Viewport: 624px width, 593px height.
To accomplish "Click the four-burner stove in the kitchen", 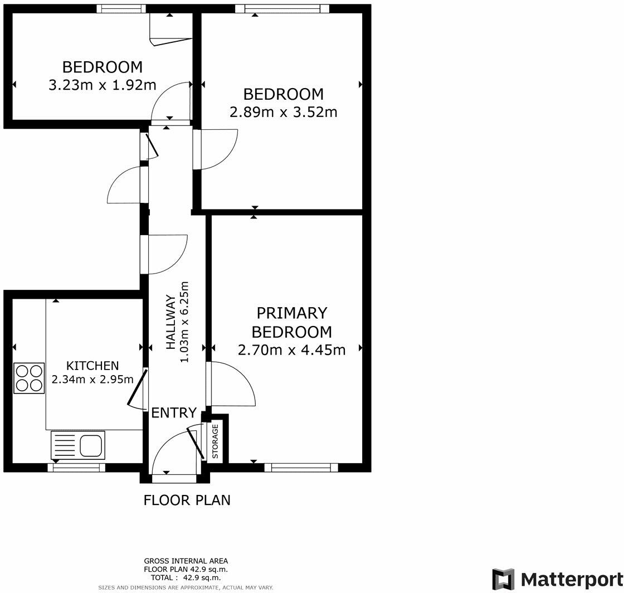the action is point(29,378).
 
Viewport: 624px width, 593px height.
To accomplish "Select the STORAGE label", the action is point(215,441).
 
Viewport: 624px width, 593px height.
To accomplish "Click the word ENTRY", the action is point(174,413).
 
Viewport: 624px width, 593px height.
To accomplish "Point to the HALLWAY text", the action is point(170,322).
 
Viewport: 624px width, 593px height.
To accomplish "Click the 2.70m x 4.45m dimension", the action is point(292,350).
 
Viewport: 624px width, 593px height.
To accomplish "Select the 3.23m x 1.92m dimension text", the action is point(103,85).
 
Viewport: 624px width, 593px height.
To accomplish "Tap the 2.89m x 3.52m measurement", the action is point(284,112).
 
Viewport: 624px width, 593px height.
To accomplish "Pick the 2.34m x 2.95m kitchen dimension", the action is point(92,380).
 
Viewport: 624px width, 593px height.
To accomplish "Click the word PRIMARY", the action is point(292,313).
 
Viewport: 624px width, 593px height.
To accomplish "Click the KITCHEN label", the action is point(92,366).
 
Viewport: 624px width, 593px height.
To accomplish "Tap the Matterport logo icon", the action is point(503,579).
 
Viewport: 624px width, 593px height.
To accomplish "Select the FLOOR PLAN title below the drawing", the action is point(187,500).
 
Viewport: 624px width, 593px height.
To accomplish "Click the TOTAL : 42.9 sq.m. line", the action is point(186,577).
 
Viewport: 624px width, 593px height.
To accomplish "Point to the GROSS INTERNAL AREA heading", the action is point(186,561).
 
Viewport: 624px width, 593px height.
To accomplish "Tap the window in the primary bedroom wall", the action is point(301,468).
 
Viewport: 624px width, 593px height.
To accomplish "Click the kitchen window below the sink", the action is point(76,468).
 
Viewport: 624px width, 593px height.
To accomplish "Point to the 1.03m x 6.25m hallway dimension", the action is point(184,322).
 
